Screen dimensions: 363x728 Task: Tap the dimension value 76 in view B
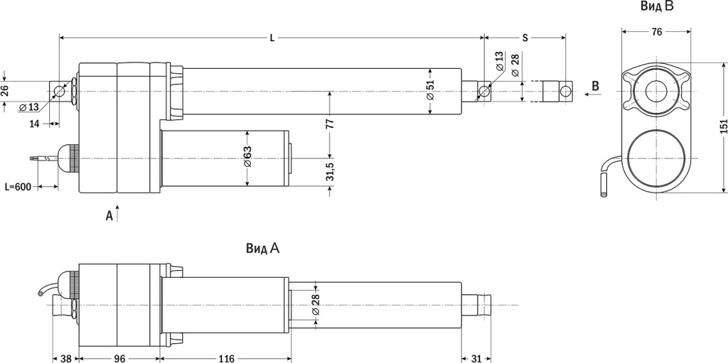tap(656, 31)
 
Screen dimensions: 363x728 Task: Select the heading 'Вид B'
tap(656, 7)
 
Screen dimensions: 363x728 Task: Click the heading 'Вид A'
tap(263, 249)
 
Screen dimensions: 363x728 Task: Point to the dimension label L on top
tap(272, 38)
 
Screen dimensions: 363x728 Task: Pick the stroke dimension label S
tap(525, 38)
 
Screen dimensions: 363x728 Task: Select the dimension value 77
tap(329, 123)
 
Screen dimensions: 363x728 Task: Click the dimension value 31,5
tap(329, 173)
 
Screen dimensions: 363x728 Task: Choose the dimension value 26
tap(5, 90)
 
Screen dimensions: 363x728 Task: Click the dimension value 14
tap(34, 124)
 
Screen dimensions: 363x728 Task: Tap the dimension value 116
tap(226, 357)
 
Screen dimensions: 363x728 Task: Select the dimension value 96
tap(119, 357)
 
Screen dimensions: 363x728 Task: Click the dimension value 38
tap(65, 357)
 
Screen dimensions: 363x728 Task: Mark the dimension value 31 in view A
tap(476, 357)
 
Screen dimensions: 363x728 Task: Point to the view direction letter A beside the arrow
tap(109, 215)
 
